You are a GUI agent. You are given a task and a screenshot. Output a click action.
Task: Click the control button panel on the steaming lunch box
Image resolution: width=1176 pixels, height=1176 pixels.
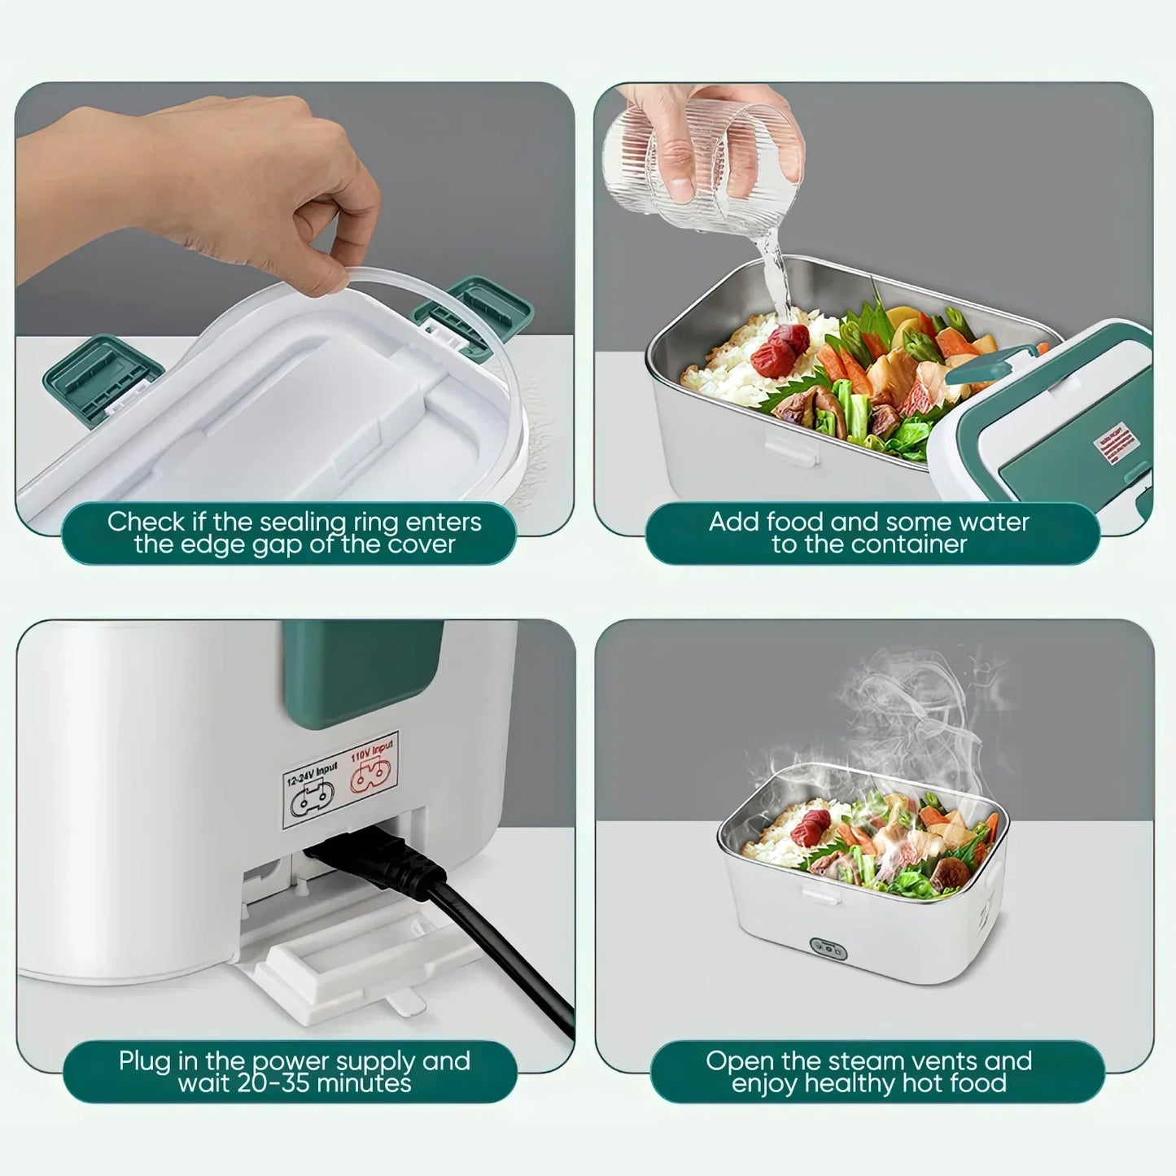pyautogui.click(x=828, y=949)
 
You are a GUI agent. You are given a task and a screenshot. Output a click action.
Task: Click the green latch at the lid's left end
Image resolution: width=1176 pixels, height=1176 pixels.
pyautogui.click(x=102, y=374)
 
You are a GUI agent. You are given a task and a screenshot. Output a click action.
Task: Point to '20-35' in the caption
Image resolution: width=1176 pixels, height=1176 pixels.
pyautogui.click(x=271, y=1084)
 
